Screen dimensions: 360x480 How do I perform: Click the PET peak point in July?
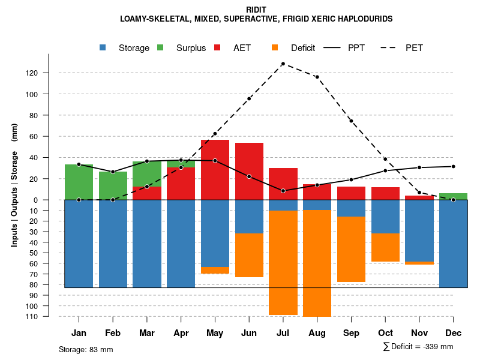283,64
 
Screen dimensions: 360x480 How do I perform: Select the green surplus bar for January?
79,182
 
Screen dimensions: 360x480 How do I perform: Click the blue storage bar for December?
453,244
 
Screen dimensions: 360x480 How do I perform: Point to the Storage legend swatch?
103,47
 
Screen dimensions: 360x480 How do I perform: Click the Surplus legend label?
191,48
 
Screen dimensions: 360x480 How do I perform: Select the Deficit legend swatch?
275,47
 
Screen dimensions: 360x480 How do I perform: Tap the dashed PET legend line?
392,47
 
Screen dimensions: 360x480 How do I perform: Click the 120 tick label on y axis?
48,73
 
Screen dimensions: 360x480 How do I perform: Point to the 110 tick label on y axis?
48,317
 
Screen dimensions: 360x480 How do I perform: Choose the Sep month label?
351,333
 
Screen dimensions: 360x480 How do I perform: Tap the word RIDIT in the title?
256,10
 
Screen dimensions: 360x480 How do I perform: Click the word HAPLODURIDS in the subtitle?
362,19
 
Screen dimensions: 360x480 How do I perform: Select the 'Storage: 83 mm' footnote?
86,349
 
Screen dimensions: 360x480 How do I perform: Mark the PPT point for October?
385,170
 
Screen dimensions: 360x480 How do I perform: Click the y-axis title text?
14,190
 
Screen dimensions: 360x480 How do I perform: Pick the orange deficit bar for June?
249,255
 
